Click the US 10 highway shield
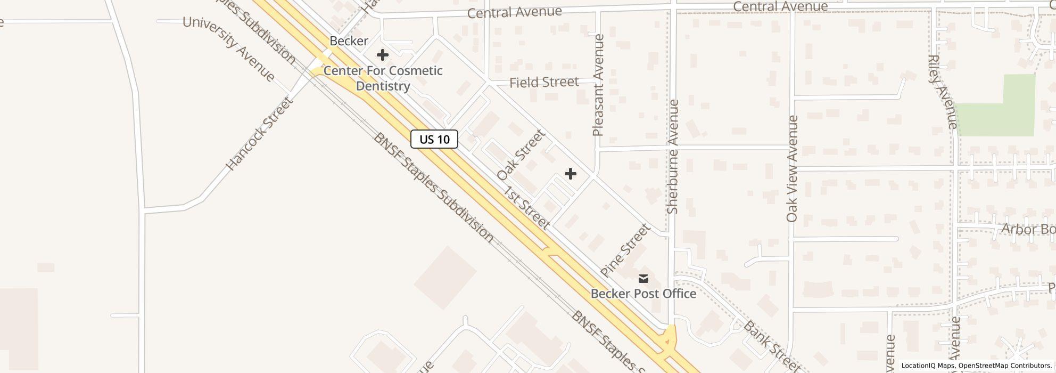pyautogui.click(x=434, y=140)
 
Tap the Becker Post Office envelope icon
pyautogui.click(x=643, y=278)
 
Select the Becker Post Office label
pyautogui.click(x=643, y=294)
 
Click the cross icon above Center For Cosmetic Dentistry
pyautogui.click(x=382, y=55)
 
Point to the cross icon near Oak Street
pyautogui.click(x=570, y=174)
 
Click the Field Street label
pyautogui.click(x=543, y=82)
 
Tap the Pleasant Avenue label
pyautogui.click(x=598, y=85)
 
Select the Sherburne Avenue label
pyautogui.click(x=673, y=157)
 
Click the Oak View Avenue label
pyautogui.click(x=793, y=168)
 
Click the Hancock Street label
pyautogui.click(x=259, y=134)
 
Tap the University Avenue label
pyautogui.click(x=229, y=49)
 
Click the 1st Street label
pyautogui.click(x=526, y=208)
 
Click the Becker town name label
pyautogui.click(x=349, y=41)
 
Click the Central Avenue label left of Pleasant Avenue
pyautogui.click(x=514, y=12)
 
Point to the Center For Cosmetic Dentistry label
pyautogui.click(x=383, y=78)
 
